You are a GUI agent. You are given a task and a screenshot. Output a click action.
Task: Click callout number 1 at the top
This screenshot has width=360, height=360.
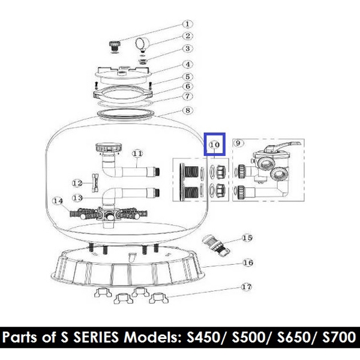click(x=187, y=25)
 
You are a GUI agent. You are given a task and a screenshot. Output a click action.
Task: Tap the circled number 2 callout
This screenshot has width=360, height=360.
click(x=187, y=37)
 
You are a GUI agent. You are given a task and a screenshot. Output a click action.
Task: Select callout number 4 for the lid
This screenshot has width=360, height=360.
click(x=187, y=64)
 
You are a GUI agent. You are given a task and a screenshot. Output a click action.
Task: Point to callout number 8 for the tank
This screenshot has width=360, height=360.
click(x=187, y=110)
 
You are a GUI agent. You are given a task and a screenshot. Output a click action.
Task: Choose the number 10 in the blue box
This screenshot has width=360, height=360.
click(x=215, y=145)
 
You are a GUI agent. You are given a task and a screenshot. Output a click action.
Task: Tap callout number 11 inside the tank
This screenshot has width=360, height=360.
click(x=138, y=154)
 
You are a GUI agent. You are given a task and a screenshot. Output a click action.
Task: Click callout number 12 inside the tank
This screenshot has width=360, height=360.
click(x=76, y=183)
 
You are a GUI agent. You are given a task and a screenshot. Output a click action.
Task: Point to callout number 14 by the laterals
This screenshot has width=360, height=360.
click(x=58, y=201)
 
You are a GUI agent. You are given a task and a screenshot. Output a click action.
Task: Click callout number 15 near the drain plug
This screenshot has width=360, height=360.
click(x=247, y=238)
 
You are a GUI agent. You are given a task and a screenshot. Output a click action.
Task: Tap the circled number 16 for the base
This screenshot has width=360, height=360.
click(x=247, y=263)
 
